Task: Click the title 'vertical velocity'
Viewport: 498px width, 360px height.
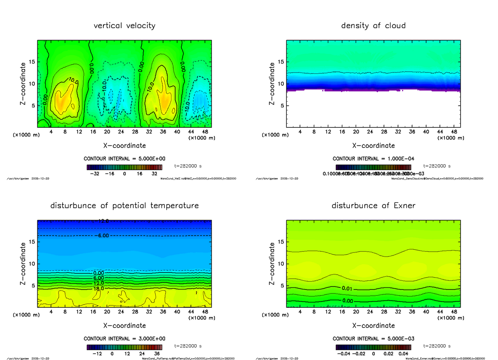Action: (124, 26)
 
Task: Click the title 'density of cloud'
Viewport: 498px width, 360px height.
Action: (373, 26)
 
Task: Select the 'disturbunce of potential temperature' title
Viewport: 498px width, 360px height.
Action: (124, 206)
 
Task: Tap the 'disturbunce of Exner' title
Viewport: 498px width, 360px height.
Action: (373, 206)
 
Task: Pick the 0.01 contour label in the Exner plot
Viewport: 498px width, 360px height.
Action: (348, 288)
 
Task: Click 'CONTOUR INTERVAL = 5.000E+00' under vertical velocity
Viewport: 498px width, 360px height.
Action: (124, 159)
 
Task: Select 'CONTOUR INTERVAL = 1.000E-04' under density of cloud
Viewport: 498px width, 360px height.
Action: (373, 159)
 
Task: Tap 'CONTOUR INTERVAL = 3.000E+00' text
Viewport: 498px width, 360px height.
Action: (124, 338)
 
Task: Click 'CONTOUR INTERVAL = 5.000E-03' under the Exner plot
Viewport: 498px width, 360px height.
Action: (373, 338)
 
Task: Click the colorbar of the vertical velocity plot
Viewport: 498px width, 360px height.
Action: (124, 167)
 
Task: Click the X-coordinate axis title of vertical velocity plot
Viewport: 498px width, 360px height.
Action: (124, 146)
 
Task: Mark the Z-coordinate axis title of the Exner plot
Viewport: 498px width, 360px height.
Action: (272, 263)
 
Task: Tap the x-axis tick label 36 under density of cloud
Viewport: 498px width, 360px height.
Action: (412, 131)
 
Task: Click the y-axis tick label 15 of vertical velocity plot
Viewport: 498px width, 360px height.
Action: (32, 62)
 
